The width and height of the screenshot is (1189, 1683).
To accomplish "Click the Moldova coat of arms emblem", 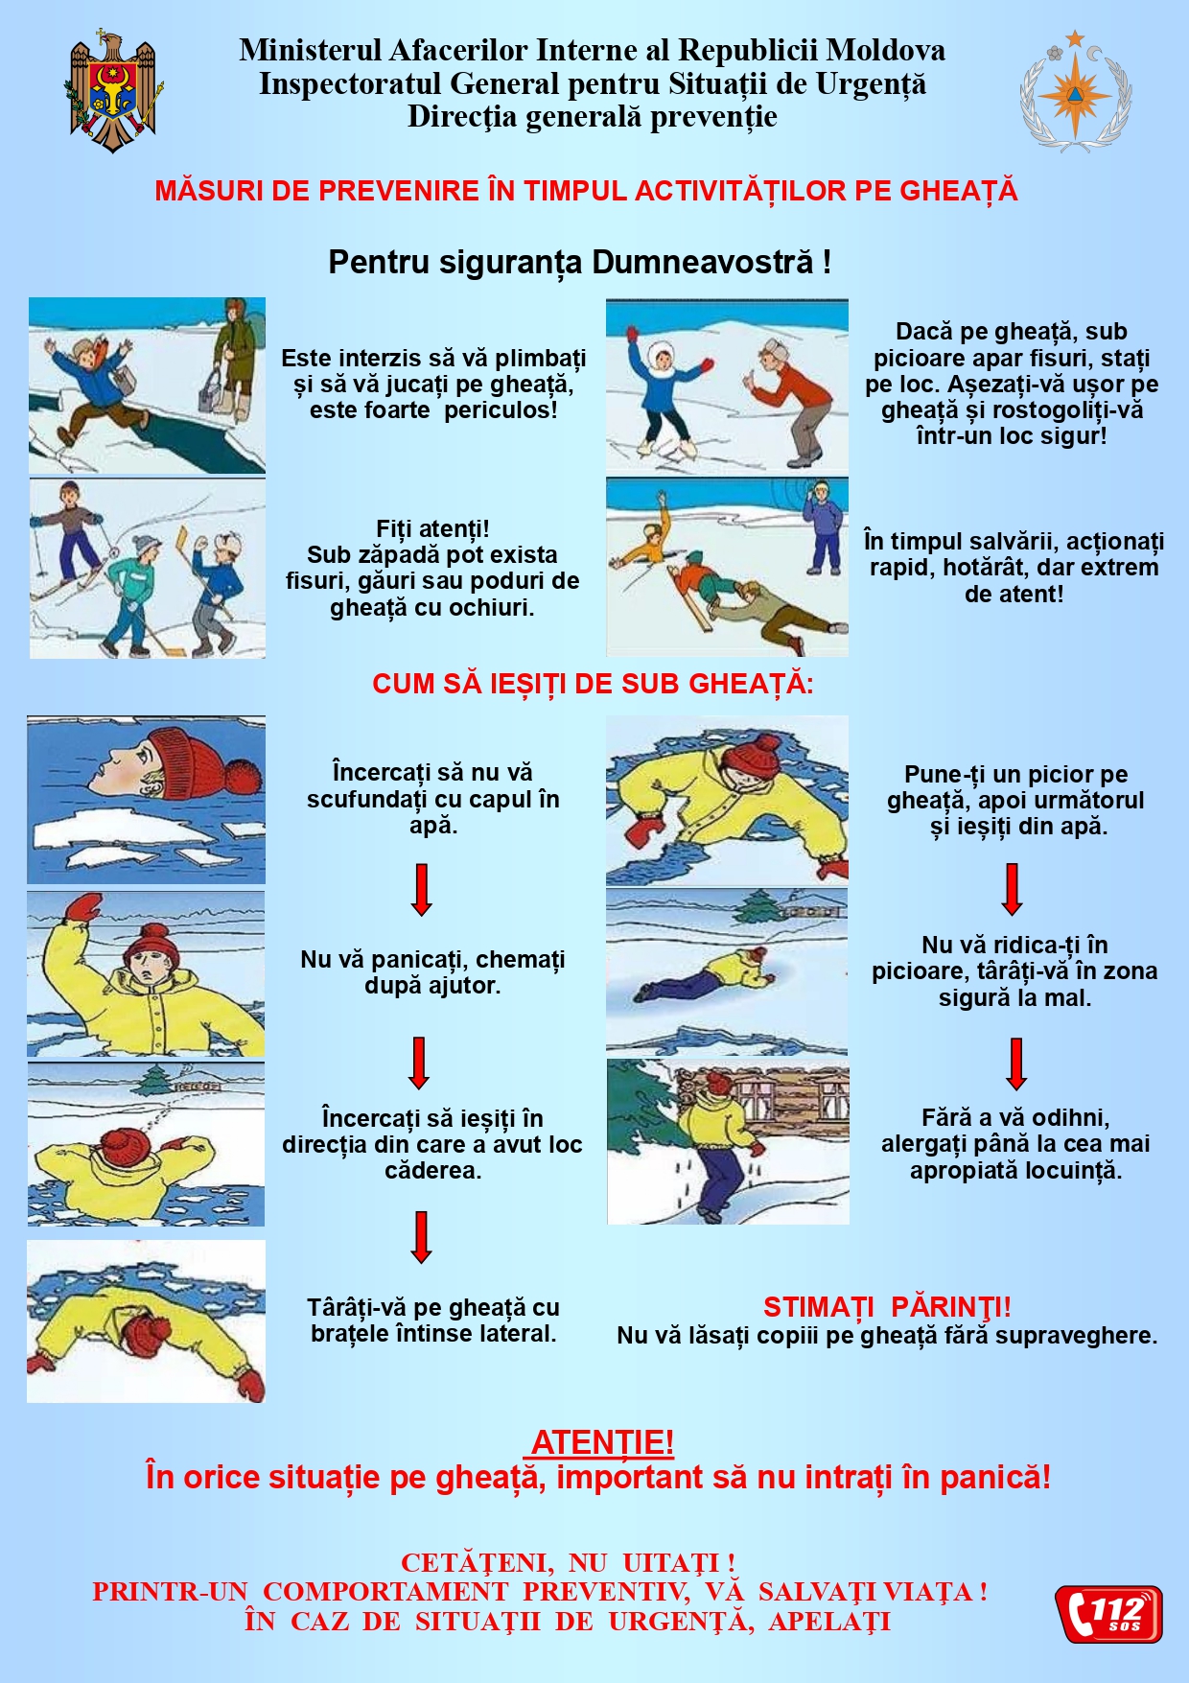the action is (113, 92).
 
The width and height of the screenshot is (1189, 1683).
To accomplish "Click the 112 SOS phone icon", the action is (1109, 1613).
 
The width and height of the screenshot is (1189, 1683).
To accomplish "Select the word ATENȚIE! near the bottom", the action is (602, 1442).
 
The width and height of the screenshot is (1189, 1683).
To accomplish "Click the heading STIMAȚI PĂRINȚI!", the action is (887, 1307).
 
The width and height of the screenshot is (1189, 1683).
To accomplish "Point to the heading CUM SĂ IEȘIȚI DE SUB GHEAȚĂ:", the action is (593, 684).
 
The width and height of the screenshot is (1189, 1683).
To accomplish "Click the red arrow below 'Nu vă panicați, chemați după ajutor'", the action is (419, 1063).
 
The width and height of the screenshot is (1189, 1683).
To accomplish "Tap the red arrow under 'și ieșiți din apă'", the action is (1012, 889).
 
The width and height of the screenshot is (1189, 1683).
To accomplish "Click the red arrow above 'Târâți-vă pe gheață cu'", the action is (421, 1237).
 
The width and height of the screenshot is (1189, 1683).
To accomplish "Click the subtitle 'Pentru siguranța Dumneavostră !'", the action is (580, 262).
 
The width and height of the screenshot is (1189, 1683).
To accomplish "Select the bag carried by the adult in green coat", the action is (210, 387).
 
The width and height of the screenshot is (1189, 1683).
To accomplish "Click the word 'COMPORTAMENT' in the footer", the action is (385, 1592).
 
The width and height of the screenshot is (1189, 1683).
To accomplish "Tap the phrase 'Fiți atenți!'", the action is (432, 528).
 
